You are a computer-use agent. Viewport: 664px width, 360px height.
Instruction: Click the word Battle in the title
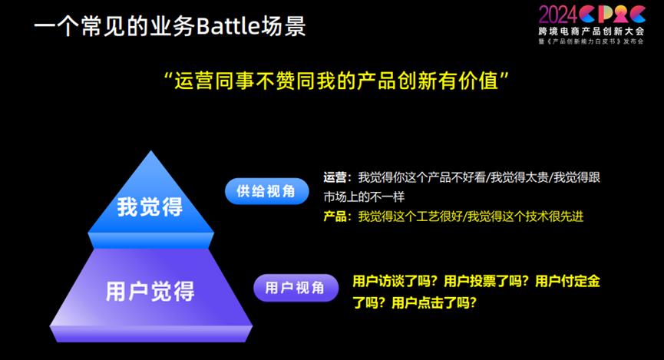pos(228,26)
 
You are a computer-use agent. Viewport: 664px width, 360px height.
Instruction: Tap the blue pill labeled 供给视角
pos(266,191)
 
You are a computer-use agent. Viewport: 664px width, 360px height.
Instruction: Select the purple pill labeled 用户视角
pos(296,288)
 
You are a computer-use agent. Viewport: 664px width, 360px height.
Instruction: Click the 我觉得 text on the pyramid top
pos(150,206)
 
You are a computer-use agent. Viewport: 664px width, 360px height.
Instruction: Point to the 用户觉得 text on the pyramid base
pos(150,291)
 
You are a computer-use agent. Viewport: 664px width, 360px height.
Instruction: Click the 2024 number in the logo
pos(558,15)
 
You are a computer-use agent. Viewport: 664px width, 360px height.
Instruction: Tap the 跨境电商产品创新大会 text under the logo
pos(591,31)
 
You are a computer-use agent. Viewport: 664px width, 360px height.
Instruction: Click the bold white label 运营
pos(335,177)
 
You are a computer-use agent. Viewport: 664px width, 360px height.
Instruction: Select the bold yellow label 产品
pos(335,216)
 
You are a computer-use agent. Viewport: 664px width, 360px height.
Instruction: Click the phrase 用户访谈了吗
pos(391,281)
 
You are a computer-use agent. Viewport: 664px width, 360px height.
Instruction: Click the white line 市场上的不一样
pos(364,197)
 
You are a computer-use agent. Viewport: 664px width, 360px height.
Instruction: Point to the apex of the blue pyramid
pos(150,150)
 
